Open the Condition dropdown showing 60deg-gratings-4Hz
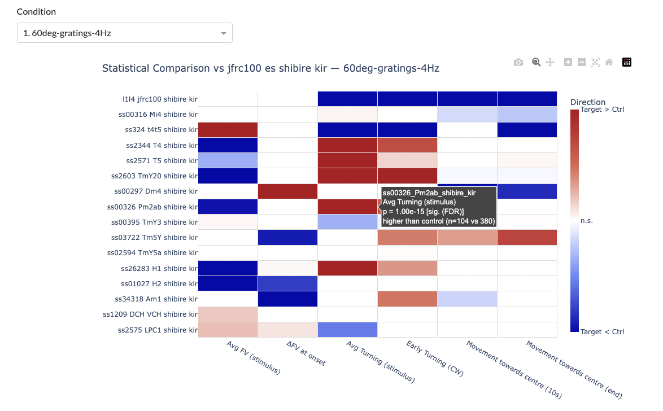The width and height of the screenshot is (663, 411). pyautogui.click(x=124, y=33)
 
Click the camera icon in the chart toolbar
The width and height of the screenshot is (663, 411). pyautogui.click(x=518, y=62)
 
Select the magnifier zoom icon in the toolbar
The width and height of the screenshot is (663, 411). pyautogui.click(x=536, y=62)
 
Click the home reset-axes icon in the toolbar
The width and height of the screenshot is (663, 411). pyautogui.click(x=609, y=62)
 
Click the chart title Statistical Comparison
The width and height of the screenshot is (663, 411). pyautogui.click(x=271, y=68)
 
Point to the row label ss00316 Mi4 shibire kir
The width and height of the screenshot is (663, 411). pyautogui.click(x=158, y=115)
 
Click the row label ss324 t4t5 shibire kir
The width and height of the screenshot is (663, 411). pyautogui.click(x=161, y=130)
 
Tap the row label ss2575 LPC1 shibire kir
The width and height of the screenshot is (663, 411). pyautogui.click(x=158, y=330)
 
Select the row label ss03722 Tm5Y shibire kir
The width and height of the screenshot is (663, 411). pyautogui.click(x=156, y=238)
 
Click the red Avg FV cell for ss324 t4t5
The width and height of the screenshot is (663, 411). pyautogui.click(x=228, y=130)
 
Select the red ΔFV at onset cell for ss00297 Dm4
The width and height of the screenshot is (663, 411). pyautogui.click(x=288, y=191)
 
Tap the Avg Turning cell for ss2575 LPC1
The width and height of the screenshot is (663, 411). pyautogui.click(x=348, y=330)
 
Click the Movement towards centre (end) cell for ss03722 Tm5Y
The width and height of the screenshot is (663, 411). pyautogui.click(x=527, y=238)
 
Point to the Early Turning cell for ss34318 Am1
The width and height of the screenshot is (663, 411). pyautogui.click(x=408, y=299)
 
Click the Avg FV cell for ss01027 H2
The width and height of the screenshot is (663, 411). pyautogui.click(x=228, y=283)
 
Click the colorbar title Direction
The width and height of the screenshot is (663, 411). pyautogui.click(x=588, y=102)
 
